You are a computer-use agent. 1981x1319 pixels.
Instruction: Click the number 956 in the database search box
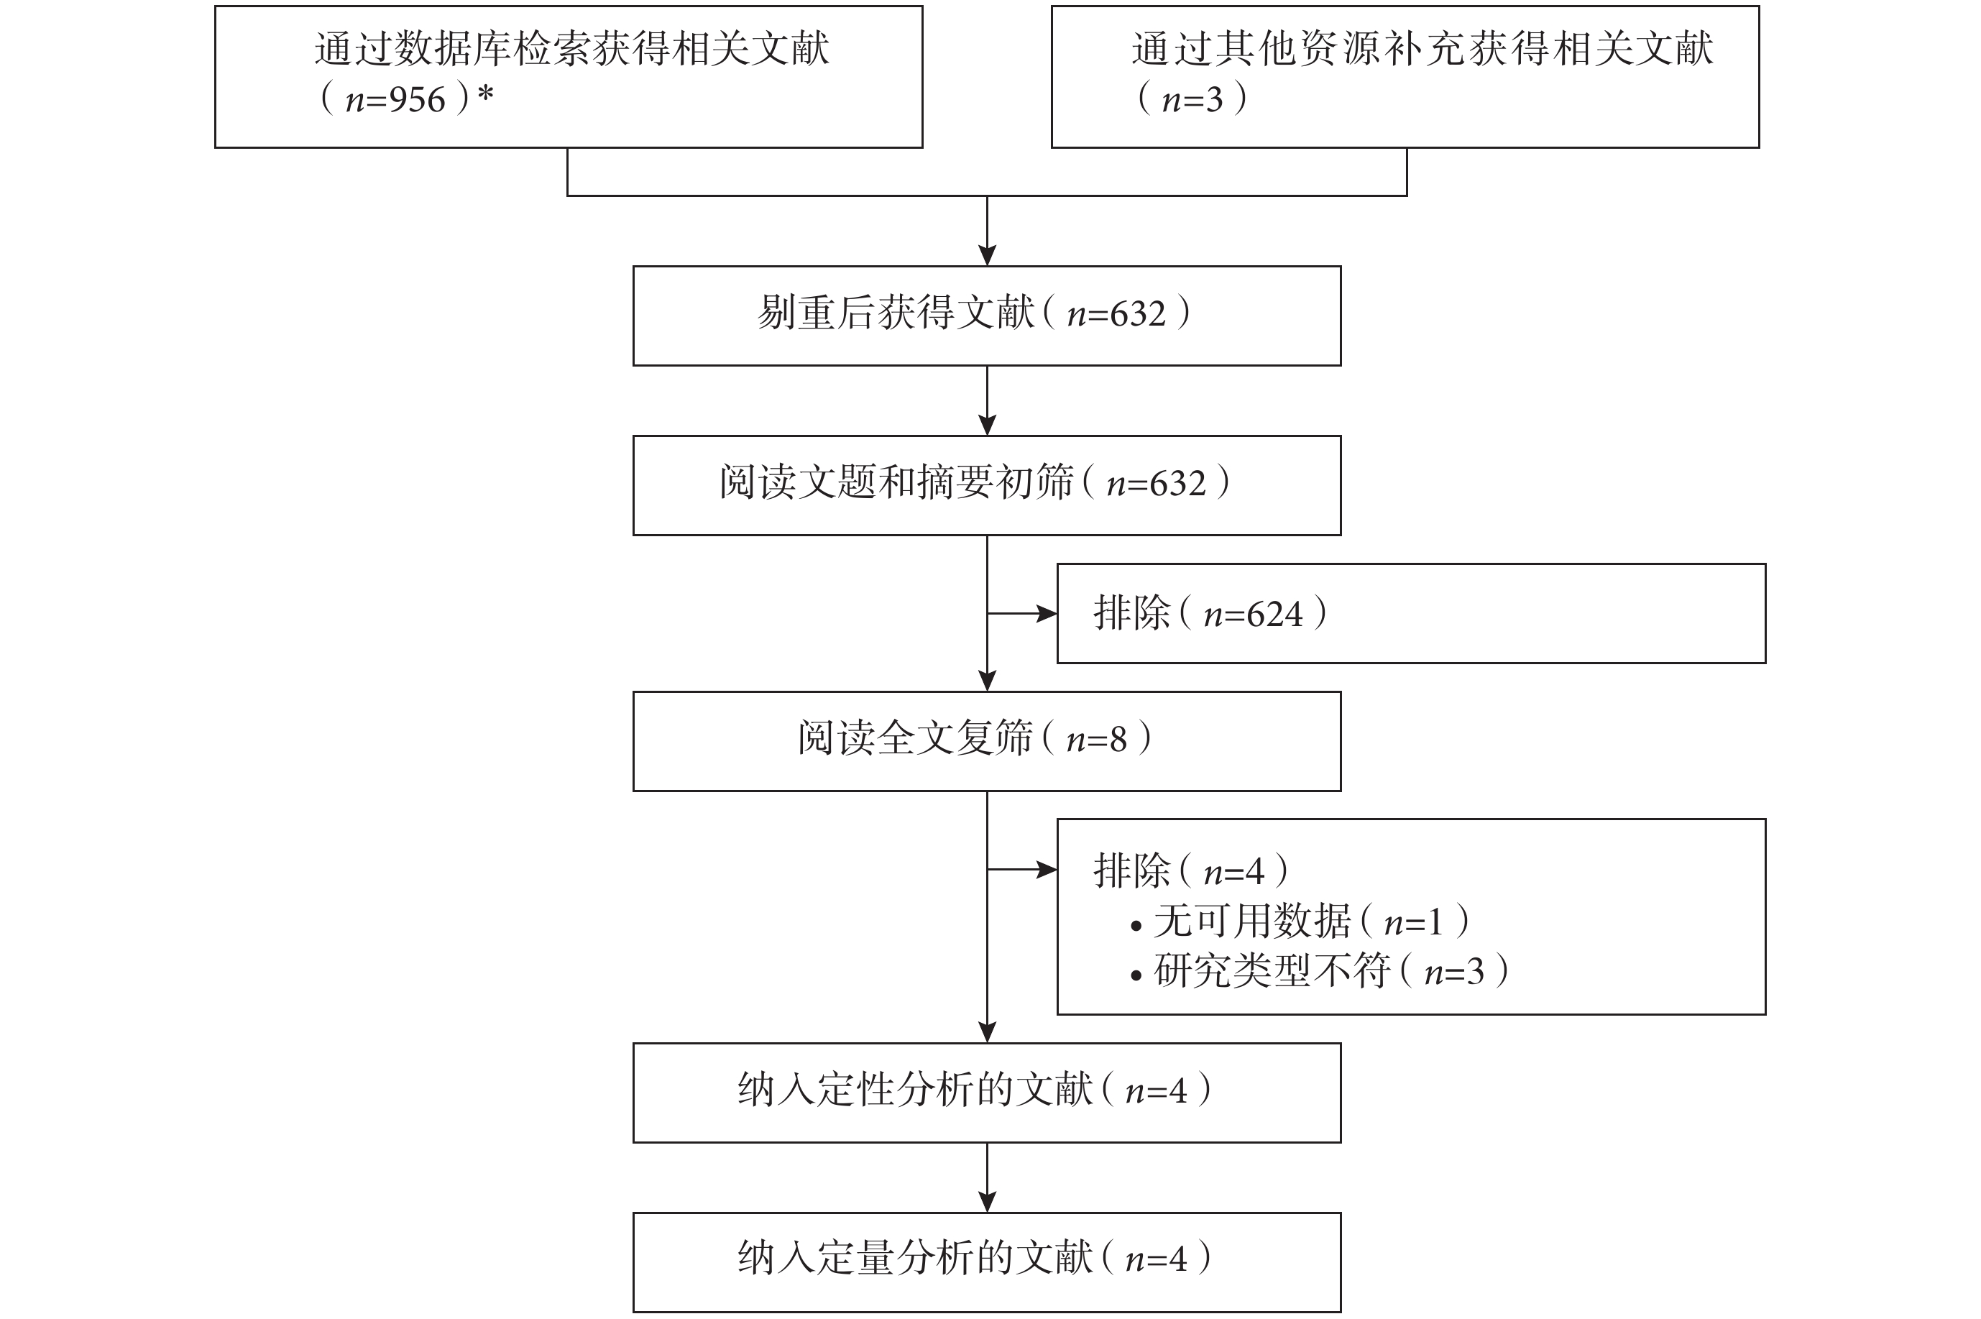(417, 100)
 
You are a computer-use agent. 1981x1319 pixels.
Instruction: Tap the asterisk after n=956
(485, 94)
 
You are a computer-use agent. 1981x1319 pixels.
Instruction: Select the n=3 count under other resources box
(1192, 100)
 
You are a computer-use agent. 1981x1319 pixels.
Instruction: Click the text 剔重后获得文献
(896, 313)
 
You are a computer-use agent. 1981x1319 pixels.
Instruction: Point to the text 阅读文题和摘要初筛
(897, 483)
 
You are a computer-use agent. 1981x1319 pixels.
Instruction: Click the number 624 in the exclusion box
(1275, 614)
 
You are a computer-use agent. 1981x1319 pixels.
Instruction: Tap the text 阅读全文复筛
(916, 739)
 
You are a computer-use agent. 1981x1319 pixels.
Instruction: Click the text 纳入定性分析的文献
(916, 1090)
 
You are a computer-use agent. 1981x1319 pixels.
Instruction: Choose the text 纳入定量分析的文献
(916, 1259)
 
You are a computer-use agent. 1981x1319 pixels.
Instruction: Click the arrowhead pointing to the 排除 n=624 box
(1047, 614)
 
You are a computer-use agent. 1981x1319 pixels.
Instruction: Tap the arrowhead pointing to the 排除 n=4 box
(1047, 870)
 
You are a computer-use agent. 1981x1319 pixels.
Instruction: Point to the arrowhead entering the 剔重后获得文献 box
(988, 256)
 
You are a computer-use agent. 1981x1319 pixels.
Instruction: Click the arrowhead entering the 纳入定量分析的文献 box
(988, 1202)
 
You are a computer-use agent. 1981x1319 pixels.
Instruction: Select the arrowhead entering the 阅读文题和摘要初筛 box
(988, 425)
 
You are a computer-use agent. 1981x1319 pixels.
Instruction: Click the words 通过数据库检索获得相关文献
(572, 49)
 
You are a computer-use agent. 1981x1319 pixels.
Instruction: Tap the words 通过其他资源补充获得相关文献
(1422, 49)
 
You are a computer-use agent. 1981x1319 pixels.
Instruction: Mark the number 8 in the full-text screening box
(1118, 740)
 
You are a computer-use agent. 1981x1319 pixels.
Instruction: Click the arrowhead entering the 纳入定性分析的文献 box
(988, 1032)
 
